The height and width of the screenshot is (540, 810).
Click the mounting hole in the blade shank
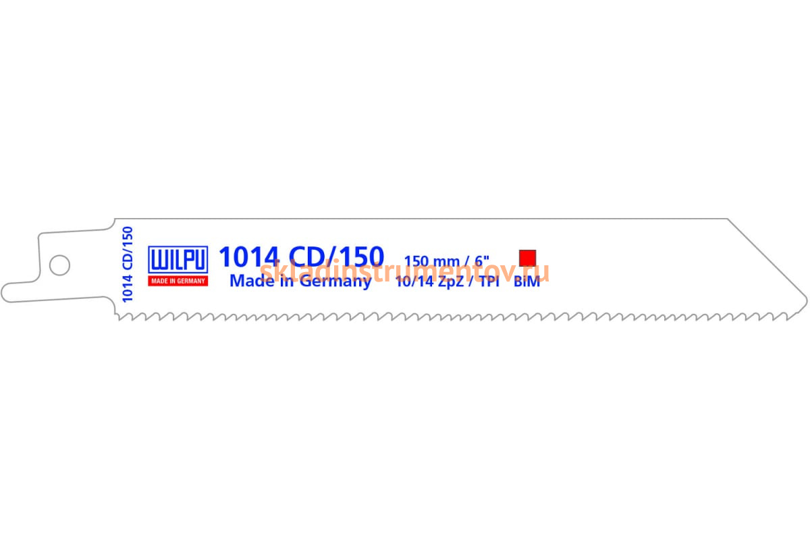tap(59, 264)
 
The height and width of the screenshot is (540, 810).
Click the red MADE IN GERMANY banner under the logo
tap(178, 281)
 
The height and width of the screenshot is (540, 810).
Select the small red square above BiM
tap(527, 258)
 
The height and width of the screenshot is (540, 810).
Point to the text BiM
tap(526, 282)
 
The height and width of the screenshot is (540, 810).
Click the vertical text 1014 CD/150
tap(128, 264)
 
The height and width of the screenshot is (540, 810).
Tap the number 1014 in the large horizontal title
tap(248, 257)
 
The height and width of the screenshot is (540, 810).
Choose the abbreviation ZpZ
tap(452, 282)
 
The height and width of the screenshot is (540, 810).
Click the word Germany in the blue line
tap(335, 281)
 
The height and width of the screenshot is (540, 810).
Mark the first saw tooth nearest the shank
tap(119, 316)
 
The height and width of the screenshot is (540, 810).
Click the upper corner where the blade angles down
tap(727, 219)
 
